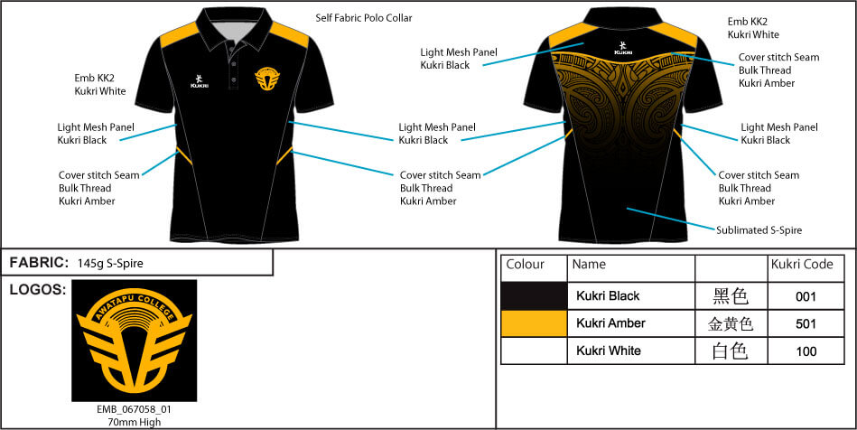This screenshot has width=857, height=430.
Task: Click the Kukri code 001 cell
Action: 806,296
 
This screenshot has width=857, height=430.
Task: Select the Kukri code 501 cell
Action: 806,323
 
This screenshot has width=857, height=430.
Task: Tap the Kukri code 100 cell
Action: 806,351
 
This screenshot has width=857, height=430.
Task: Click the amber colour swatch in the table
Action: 534,323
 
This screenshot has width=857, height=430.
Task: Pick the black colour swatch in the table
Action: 534,296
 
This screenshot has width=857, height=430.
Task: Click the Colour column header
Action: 526,265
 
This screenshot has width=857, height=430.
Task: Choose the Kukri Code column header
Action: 802,265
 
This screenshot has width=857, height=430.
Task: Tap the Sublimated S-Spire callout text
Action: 759,230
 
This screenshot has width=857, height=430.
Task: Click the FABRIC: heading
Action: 39,263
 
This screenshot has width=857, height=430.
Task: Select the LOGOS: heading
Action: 36,290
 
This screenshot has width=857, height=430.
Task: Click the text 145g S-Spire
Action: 110,264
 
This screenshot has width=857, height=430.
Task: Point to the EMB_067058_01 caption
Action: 134,409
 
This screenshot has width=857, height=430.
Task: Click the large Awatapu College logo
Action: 134,340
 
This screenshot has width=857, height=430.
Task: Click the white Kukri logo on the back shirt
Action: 623,48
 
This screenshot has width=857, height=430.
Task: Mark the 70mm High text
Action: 134,421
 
